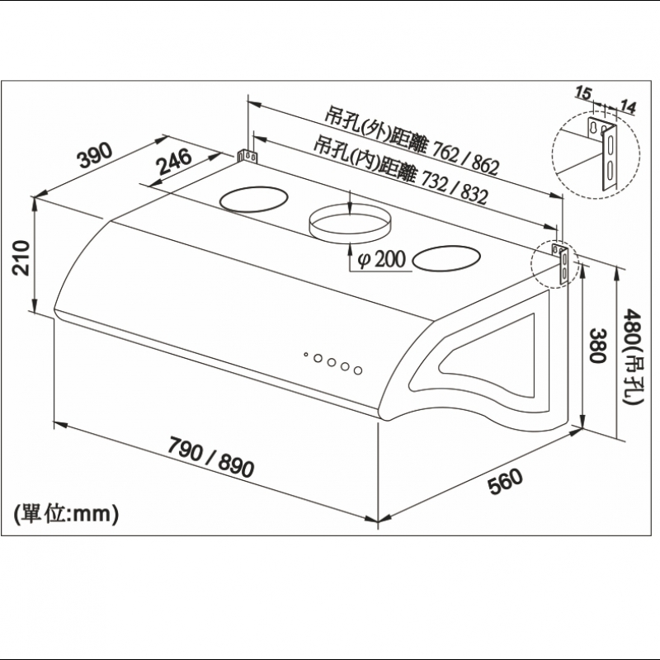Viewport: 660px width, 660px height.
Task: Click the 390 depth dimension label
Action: pyautogui.click(x=95, y=155)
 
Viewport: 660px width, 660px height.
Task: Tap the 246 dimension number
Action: pyautogui.click(x=174, y=162)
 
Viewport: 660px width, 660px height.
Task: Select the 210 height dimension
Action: pyautogui.click(x=21, y=258)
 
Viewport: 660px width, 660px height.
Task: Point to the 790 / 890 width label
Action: pyautogui.click(x=211, y=458)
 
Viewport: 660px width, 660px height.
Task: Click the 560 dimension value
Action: pyautogui.click(x=505, y=481)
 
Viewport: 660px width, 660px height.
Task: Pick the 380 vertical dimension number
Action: pyautogui.click(x=597, y=346)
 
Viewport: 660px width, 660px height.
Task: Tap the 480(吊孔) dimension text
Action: pyautogui.click(x=632, y=356)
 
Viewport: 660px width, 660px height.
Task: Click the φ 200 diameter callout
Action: pyautogui.click(x=381, y=259)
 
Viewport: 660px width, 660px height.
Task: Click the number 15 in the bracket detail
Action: pyautogui.click(x=583, y=92)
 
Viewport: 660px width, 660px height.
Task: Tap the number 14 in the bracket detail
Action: pyautogui.click(x=628, y=106)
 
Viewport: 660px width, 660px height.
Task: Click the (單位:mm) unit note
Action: pyautogui.click(x=66, y=513)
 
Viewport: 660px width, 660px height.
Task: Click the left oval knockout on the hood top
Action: pyautogui.click(x=254, y=199)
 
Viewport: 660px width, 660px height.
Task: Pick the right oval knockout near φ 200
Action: pyautogui.click(x=446, y=258)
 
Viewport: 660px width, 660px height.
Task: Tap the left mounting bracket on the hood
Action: pyautogui.click(x=247, y=156)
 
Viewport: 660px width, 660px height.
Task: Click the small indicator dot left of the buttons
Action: pyautogui.click(x=306, y=355)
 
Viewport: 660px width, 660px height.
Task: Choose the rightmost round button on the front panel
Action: pyautogui.click(x=358, y=370)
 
